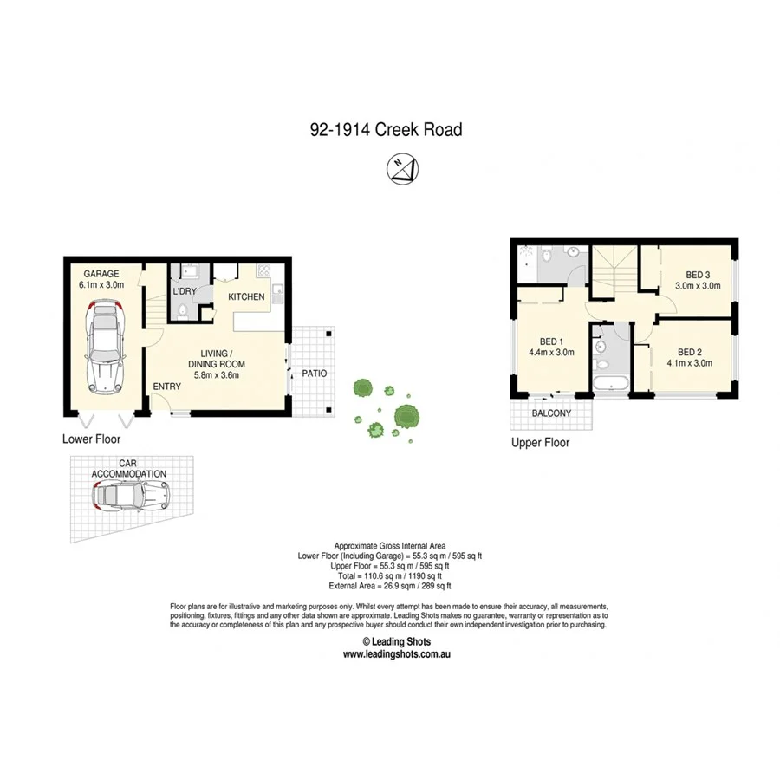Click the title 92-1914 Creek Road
[386, 130]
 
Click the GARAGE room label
[102, 274]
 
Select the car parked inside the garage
[106, 345]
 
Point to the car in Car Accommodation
[131, 497]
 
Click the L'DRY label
[184, 291]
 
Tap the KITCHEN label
[246, 297]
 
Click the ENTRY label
[166, 387]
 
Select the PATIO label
[313, 374]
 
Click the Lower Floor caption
[91, 439]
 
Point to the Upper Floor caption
[540, 442]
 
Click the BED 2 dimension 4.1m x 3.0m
[689, 363]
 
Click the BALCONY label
[551, 413]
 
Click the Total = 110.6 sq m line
[389, 575]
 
